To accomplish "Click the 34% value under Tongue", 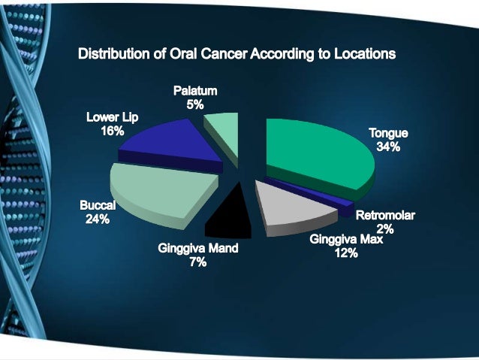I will [388, 147].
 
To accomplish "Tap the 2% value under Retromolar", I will [384, 229].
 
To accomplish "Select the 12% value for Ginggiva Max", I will [346, 253].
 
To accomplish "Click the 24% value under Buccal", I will [98, 219].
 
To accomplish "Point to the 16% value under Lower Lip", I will [112, 131].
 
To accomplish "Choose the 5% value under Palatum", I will [195, 105].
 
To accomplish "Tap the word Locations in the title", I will [360, 54].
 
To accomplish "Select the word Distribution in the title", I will [113, 54].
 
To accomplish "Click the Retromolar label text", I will [384, 216].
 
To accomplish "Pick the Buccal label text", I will [98, 205].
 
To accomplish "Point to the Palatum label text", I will [195, 91].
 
